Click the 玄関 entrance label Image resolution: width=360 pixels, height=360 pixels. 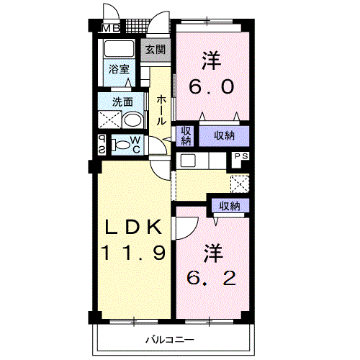[156, 50]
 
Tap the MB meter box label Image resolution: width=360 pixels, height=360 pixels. [111, 29]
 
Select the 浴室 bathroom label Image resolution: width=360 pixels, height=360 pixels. [119, 69]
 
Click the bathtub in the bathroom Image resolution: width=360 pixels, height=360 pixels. [119, 49]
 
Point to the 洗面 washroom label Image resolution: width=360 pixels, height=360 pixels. [122, 102]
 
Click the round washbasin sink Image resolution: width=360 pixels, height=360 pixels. [132, 120]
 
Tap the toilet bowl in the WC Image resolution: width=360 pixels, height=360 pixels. [121, 145]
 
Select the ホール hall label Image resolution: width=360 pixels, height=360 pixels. [161, 110]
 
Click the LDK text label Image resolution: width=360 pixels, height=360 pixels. [133, 227]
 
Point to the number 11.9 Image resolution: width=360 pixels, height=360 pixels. [133, 252]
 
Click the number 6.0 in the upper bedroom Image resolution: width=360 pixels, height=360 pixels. [212, 87]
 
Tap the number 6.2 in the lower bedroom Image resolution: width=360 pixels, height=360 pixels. [212, 279]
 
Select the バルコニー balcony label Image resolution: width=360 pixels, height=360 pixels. [170, 340]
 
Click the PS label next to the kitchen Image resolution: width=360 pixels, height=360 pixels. [241, 156]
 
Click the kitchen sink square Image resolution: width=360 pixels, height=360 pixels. [188, 161]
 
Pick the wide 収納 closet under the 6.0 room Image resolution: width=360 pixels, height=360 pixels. [224, 136]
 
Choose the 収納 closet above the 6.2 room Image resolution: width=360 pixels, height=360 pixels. [230, 206]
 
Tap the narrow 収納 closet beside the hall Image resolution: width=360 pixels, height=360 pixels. [186, 136]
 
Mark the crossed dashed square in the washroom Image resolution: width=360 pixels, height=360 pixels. [109, 120]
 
